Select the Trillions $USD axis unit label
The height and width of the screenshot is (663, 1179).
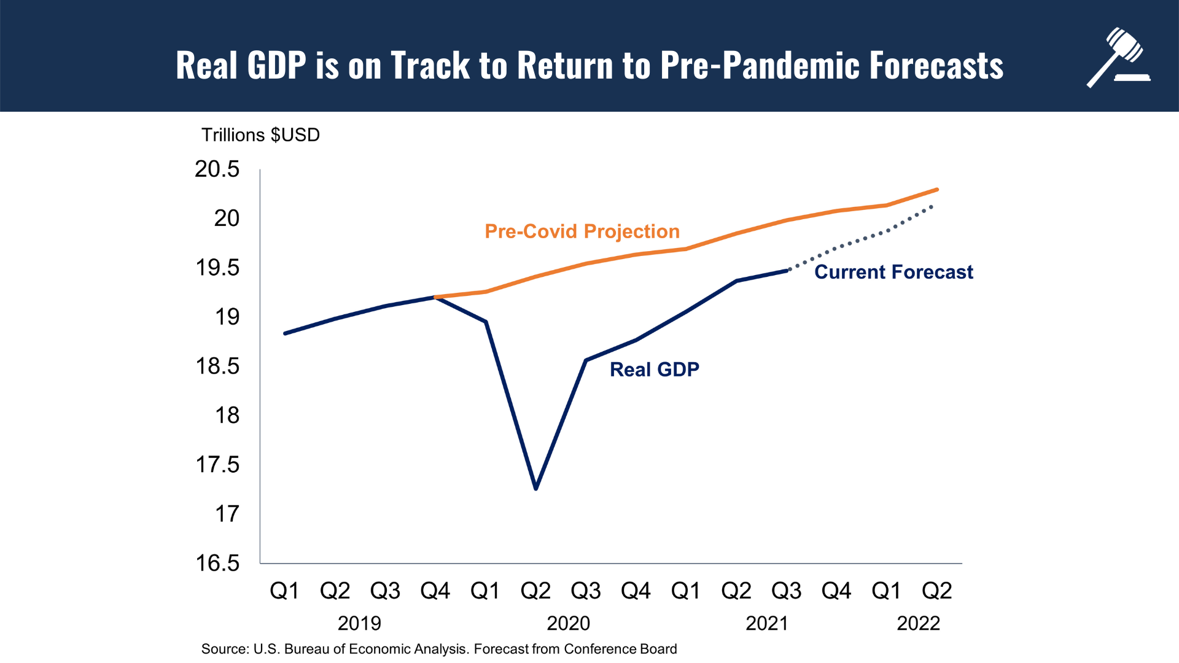(260, 135)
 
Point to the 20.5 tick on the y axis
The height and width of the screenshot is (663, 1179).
(217, 169)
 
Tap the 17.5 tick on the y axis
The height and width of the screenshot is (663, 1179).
(217, 465)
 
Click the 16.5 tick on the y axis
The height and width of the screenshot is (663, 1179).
(217, 563)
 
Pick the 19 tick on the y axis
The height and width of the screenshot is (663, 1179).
(227, 317)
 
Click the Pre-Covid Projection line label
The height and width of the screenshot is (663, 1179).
(582, 231)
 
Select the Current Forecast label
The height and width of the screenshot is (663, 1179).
(893, 272)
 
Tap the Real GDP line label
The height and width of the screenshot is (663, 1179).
(655, 370)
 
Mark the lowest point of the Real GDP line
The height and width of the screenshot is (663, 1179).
(536, 489)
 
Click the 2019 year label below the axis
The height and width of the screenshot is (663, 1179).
(359, 624)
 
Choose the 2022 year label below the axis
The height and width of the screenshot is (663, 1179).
(918, 624)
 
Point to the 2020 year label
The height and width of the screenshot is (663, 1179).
(568, 624)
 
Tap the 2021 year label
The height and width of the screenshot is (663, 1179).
(766, 624)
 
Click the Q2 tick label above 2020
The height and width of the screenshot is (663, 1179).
(535, 591)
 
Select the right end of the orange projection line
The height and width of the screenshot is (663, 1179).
(937, 190)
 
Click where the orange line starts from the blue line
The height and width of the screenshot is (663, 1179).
(435, 297)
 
